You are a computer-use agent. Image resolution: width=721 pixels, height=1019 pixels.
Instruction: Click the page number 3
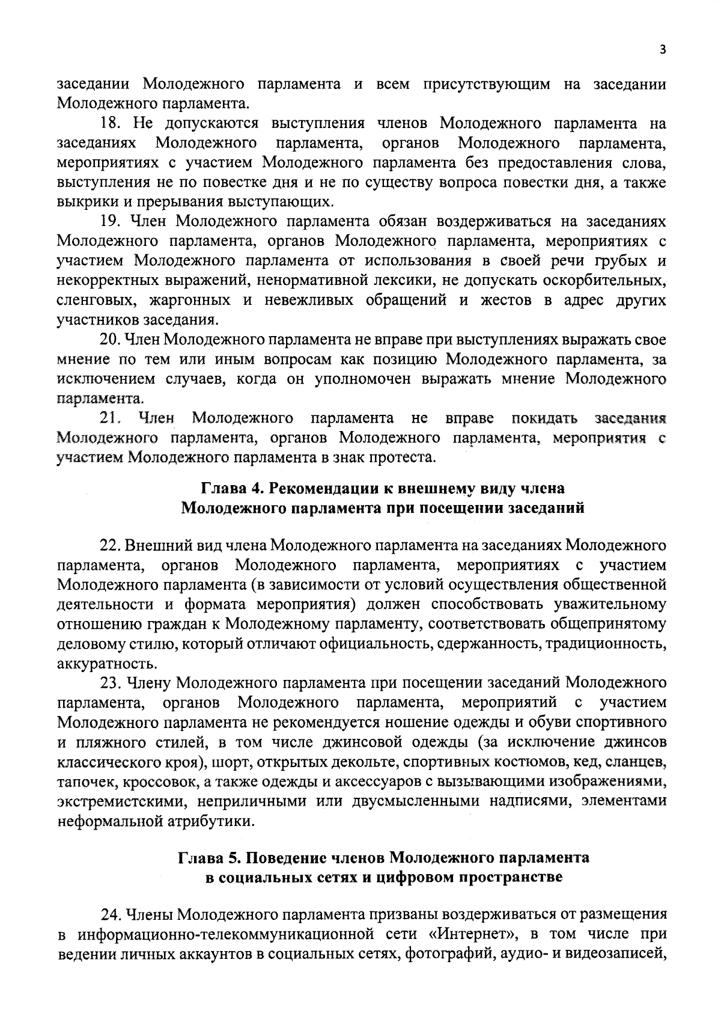coord(662,50)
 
